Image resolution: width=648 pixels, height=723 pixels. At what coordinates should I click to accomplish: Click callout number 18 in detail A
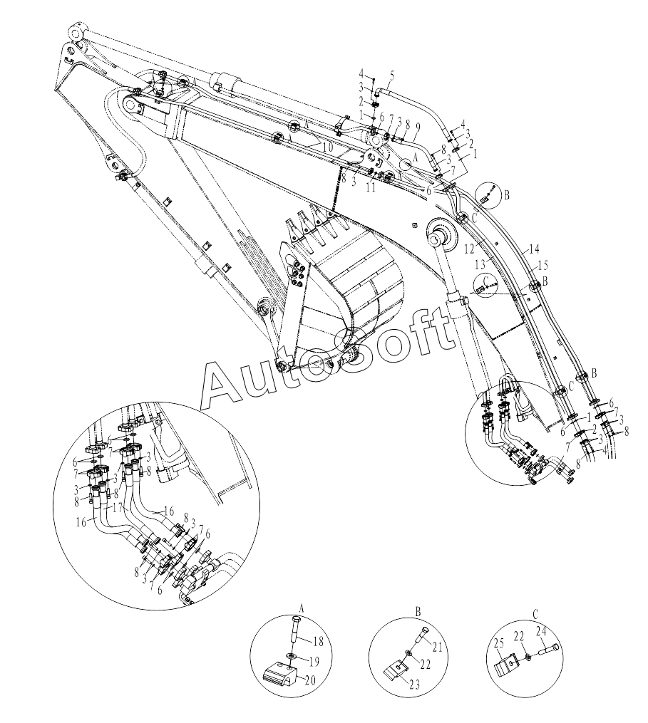pyautogui.click(x=319, y=640)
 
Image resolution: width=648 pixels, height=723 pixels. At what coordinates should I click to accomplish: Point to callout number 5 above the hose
pyautogui.click(x=391, y=74)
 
